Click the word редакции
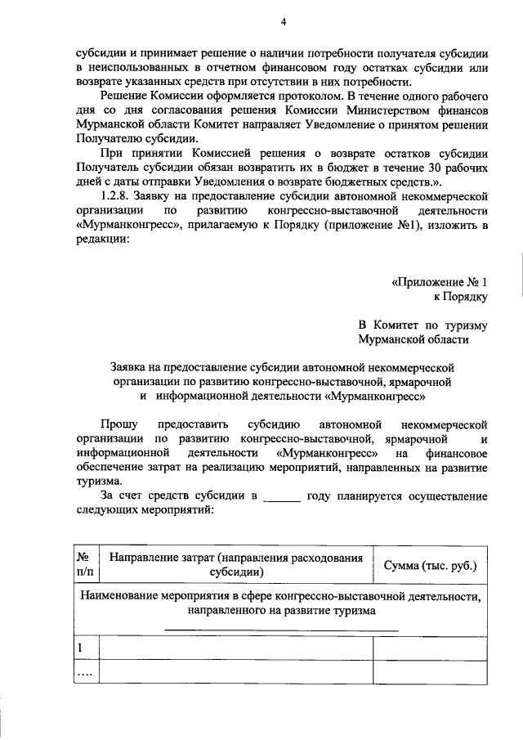[x=101, y=240]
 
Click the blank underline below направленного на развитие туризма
[x=282, y=628]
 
